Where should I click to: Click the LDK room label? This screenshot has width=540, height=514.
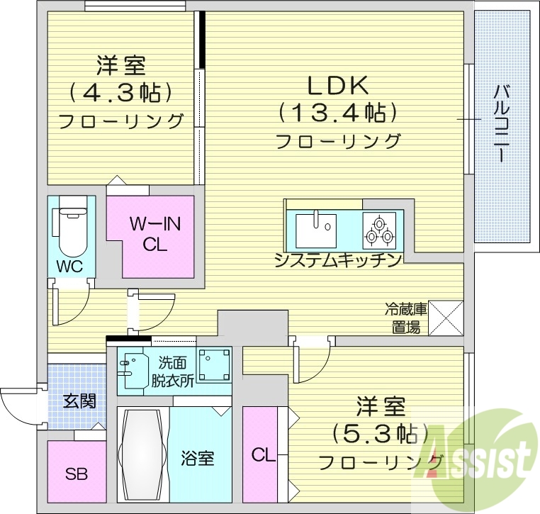click(337, 86)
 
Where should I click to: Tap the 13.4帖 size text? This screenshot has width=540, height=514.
click(337, 113)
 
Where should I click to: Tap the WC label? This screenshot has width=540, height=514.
click(71, 267)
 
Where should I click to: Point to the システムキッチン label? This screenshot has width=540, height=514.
click(339, 260)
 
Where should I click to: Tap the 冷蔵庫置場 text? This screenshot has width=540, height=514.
click(406, 317)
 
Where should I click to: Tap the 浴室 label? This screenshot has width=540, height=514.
click(198, 457)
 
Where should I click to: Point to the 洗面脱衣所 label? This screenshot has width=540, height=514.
click(171, 371)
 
